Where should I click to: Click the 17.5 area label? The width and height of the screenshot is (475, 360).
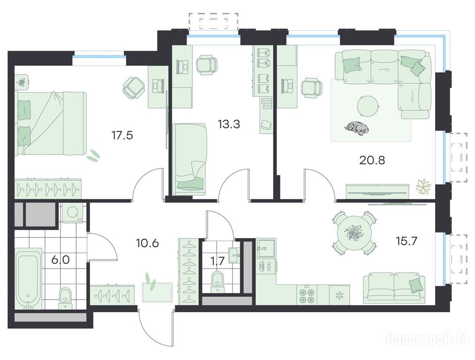122,135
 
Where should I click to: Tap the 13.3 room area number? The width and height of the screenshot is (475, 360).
229,124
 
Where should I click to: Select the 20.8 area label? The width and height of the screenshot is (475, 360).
372,160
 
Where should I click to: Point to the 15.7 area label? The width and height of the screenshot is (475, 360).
407,241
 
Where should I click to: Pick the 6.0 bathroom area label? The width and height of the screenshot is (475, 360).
60,260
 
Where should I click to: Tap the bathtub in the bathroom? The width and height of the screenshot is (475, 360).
29,278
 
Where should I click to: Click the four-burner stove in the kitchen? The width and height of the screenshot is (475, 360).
306,295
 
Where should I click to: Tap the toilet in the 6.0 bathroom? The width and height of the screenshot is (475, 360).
65,298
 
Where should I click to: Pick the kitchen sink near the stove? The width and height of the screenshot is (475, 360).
266,248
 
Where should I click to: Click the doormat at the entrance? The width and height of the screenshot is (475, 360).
158,292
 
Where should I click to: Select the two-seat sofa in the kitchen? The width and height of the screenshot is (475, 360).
394,288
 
